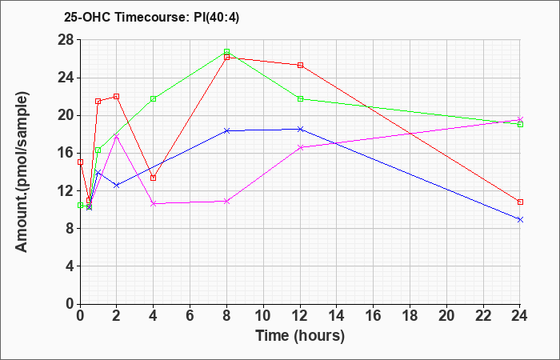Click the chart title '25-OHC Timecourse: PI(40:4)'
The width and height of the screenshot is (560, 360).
tap(151, 17)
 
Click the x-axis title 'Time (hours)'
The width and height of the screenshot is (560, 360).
tap(300, 336)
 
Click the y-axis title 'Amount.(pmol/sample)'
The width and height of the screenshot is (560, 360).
tap(22, 172)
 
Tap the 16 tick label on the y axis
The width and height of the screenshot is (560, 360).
tap(66, 154)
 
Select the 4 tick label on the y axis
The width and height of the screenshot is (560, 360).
tap(70, 266)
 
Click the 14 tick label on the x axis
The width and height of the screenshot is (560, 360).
tap(337, 316)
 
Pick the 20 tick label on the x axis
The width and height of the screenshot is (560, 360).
tap(446, 316)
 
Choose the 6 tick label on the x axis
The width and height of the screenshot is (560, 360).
tap(190, 316)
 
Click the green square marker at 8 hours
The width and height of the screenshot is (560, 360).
tap(226, 52)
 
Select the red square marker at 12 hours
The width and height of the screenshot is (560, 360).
tap(300, 66)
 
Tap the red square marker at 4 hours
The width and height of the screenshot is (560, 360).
tap(154, 178)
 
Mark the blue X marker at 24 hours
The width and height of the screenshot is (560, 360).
tap(520, 220)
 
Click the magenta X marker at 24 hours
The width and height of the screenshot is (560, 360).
tap(520, 120)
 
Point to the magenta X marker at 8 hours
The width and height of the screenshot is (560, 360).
tap(226, 202)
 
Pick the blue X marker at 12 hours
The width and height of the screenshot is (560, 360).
tap(300, 130)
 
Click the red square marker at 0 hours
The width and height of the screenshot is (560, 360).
tap(80, 162)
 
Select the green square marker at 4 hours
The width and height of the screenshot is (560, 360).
tap(154, 99)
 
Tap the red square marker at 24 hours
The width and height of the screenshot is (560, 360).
tap(520, 202)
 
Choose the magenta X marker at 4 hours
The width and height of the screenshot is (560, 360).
tap(154, 203)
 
